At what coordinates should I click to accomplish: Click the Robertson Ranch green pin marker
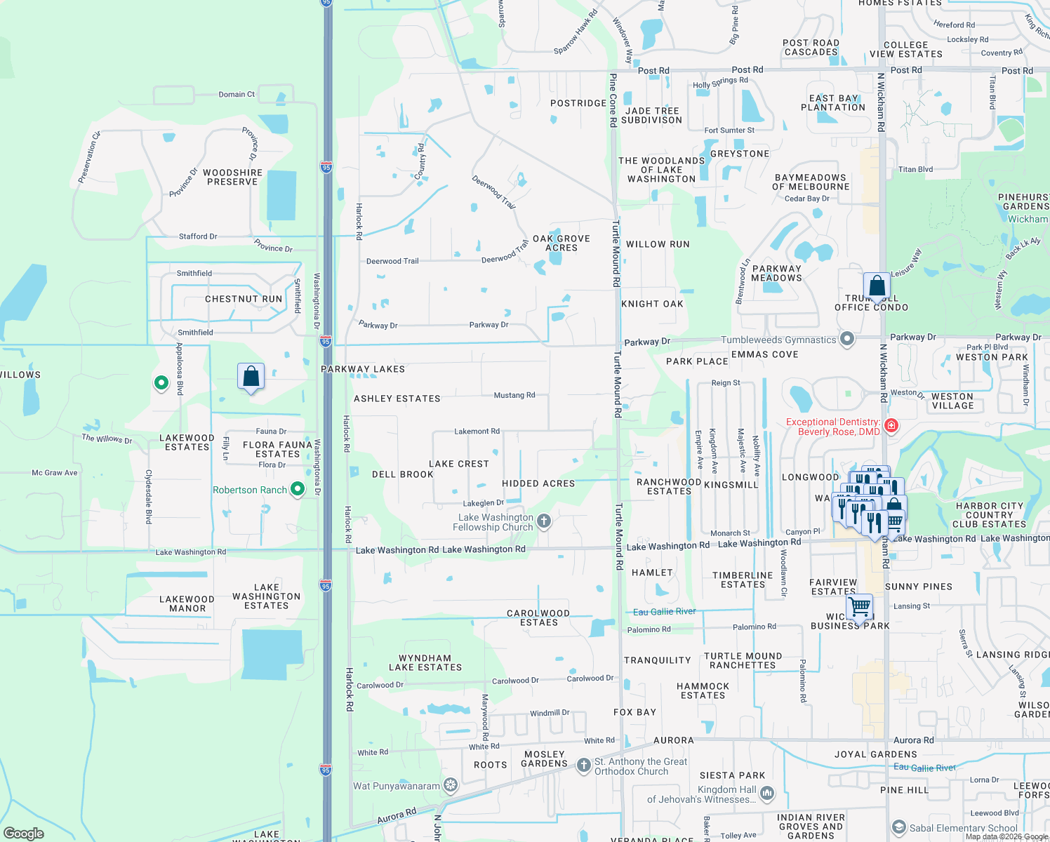(298, 489)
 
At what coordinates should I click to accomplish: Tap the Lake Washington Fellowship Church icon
(544, 521)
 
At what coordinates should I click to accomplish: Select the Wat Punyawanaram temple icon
(451, 785)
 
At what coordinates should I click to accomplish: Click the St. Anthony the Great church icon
(583, 766)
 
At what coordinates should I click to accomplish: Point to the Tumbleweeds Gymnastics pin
(847, 340)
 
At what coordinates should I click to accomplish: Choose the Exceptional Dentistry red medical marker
(891, 426)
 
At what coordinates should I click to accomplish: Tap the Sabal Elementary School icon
(898, 828)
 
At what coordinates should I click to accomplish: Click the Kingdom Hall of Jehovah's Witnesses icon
(767, 794)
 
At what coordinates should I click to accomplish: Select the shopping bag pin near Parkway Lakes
(251, 377)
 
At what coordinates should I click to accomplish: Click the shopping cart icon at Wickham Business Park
(859, 606)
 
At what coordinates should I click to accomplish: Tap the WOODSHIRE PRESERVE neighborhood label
(232, 177)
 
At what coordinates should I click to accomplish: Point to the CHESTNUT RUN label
(244, 299)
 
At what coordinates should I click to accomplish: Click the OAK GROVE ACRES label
(561, 243)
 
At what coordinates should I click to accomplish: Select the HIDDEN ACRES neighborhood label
(538, 483)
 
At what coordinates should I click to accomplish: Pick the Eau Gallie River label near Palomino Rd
(664, 611)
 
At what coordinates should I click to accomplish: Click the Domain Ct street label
(237, 94)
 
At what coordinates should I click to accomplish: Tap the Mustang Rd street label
(514, 395)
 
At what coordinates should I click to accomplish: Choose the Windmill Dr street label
(550, 713)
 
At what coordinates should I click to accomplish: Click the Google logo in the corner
(24, 833)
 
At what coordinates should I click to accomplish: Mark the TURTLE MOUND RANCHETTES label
(743, 660)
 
